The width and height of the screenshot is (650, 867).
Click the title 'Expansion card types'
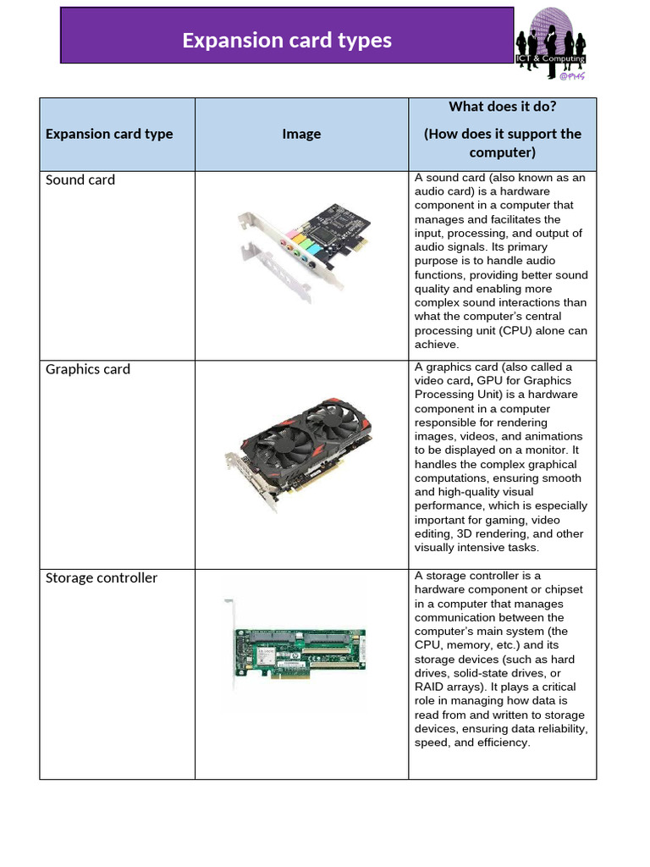click(x=287, y=40)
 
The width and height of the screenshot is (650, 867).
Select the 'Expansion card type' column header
click(x=109, y=134)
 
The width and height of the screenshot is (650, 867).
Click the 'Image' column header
click(x=301, y=134)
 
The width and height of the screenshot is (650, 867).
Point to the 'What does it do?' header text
click(x=502, y=106)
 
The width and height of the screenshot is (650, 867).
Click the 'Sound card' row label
click(x=80, y=179)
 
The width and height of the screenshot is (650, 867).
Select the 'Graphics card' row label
click(x=88, y=369)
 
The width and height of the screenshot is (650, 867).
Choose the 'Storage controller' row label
click(x=102, y=577)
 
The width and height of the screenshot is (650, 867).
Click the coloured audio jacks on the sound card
click(x=299, y=245)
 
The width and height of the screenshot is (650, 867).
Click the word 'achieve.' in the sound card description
click(x=436, y=345)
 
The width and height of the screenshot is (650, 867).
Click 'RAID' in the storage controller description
click(x=430, y=687)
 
